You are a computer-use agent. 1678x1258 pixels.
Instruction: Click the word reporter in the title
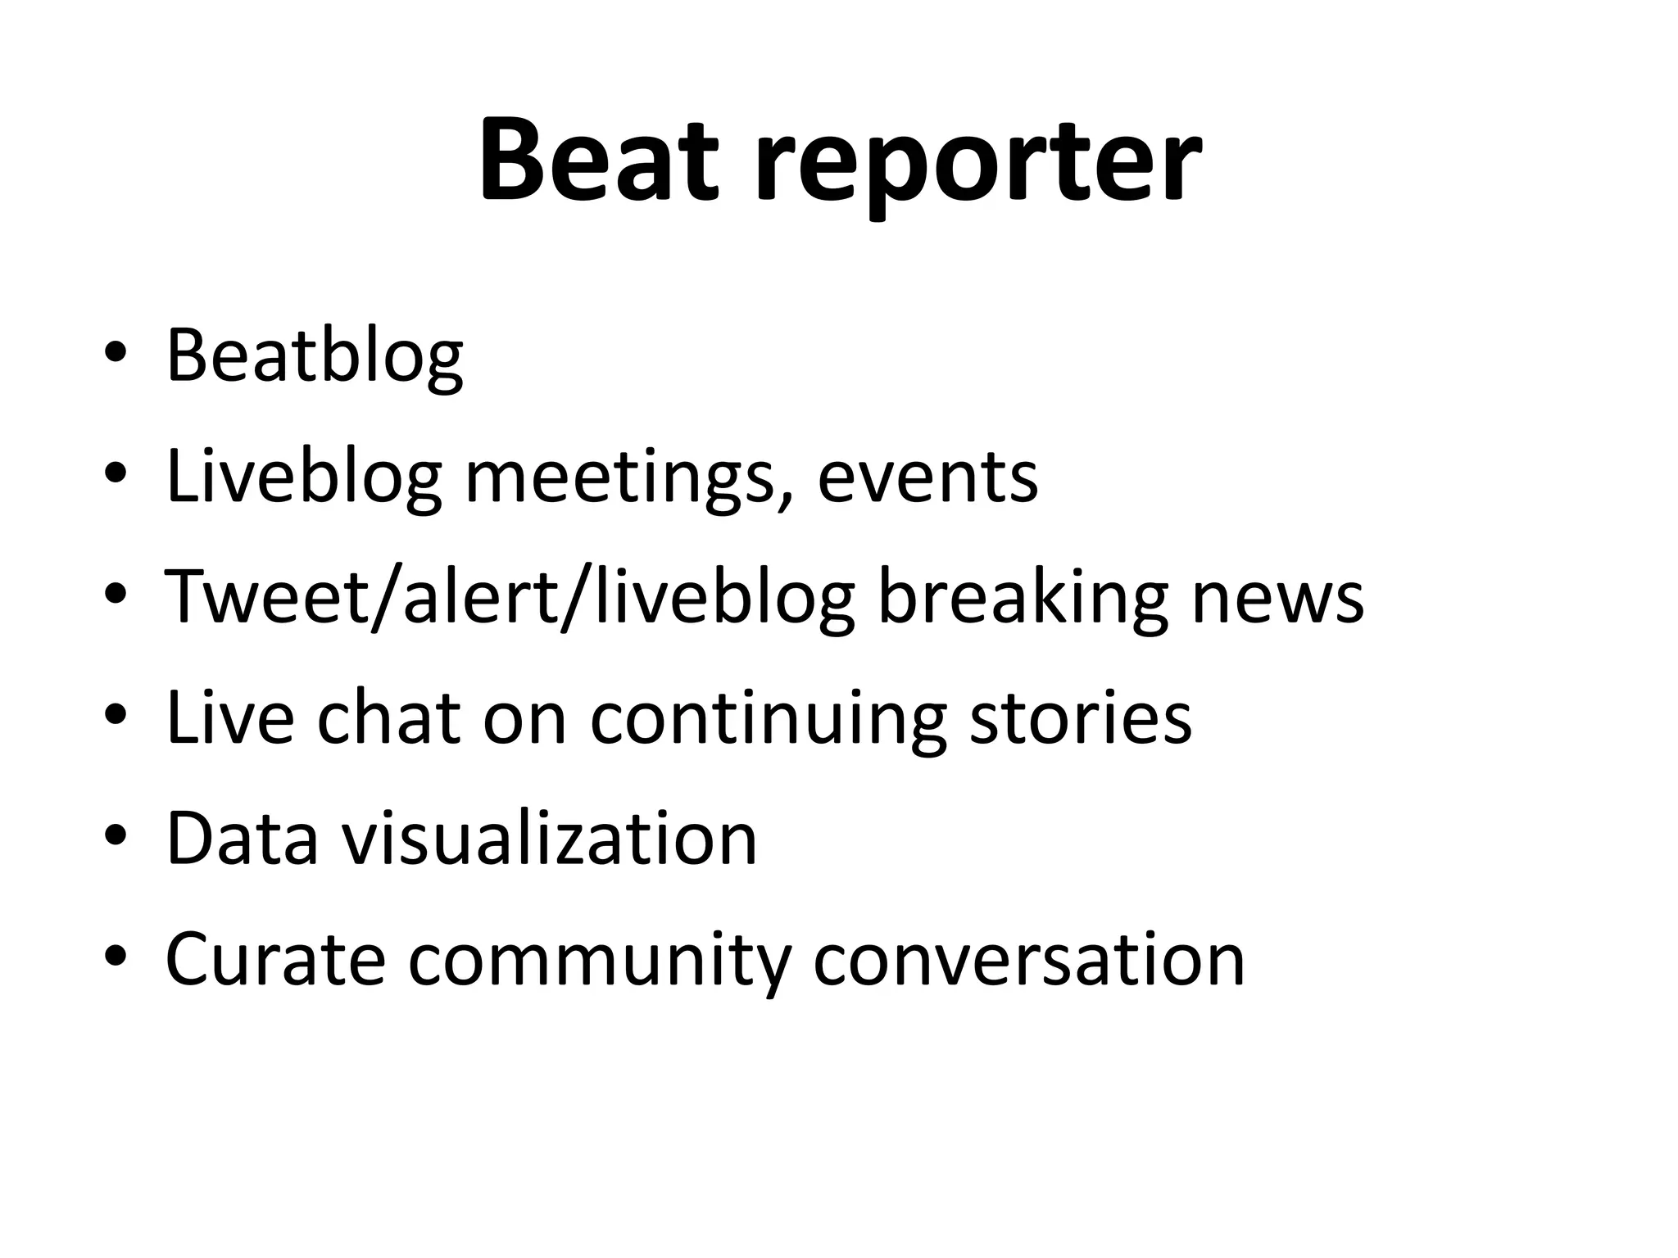click(978, 164)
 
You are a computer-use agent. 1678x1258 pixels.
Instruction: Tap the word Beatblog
click(315, 357)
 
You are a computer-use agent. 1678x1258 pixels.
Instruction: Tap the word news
click(1277, 598)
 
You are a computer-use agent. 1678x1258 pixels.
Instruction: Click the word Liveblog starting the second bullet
click(304, 478)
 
